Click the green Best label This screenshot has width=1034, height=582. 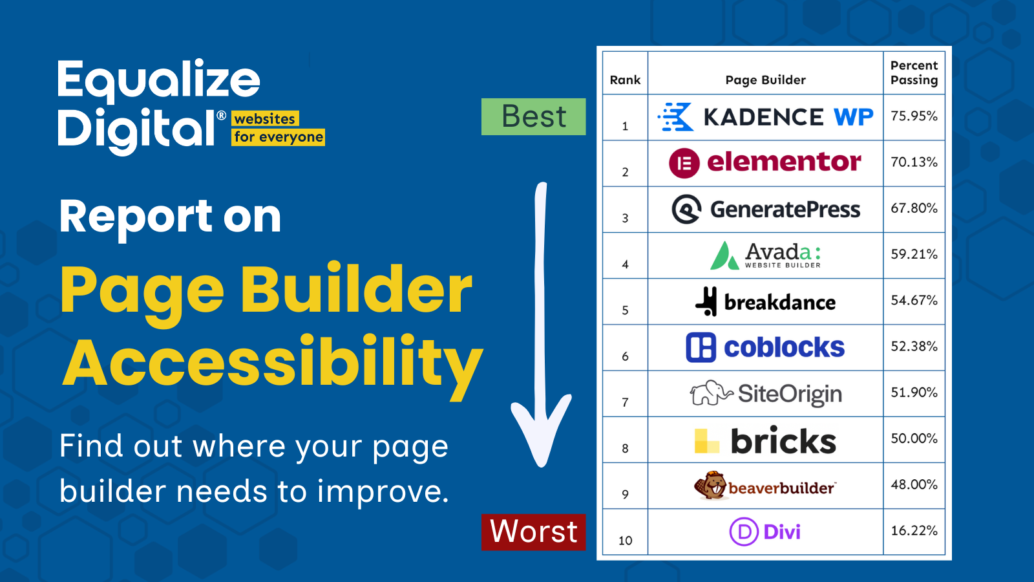(x=533, y=117)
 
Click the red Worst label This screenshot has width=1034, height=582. (x=533, y=532)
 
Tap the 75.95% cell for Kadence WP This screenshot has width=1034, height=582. (x=914, y=116)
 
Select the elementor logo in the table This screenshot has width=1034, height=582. (x=765, y=162)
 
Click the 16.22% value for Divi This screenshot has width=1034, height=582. (x=914, y=531)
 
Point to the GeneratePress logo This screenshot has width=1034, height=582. (x=766, y=209)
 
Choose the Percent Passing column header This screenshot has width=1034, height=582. (x=914, y=73)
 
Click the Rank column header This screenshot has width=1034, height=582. (x=625, y=80)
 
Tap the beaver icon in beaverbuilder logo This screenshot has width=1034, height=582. (x=710, y=486)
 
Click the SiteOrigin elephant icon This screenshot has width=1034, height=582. (x=710, y=393)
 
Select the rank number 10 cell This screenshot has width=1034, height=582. (x=625, y=541)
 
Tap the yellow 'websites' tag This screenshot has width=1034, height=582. (x=265, y=119)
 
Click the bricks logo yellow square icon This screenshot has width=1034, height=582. (x=706, y=442)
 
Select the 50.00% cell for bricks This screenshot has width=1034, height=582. (x=914, y=438)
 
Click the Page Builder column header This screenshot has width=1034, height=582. (x=765, y=80)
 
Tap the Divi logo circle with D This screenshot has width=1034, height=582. (x=744, y=532)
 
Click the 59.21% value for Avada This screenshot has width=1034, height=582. (x=914, y=254)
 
